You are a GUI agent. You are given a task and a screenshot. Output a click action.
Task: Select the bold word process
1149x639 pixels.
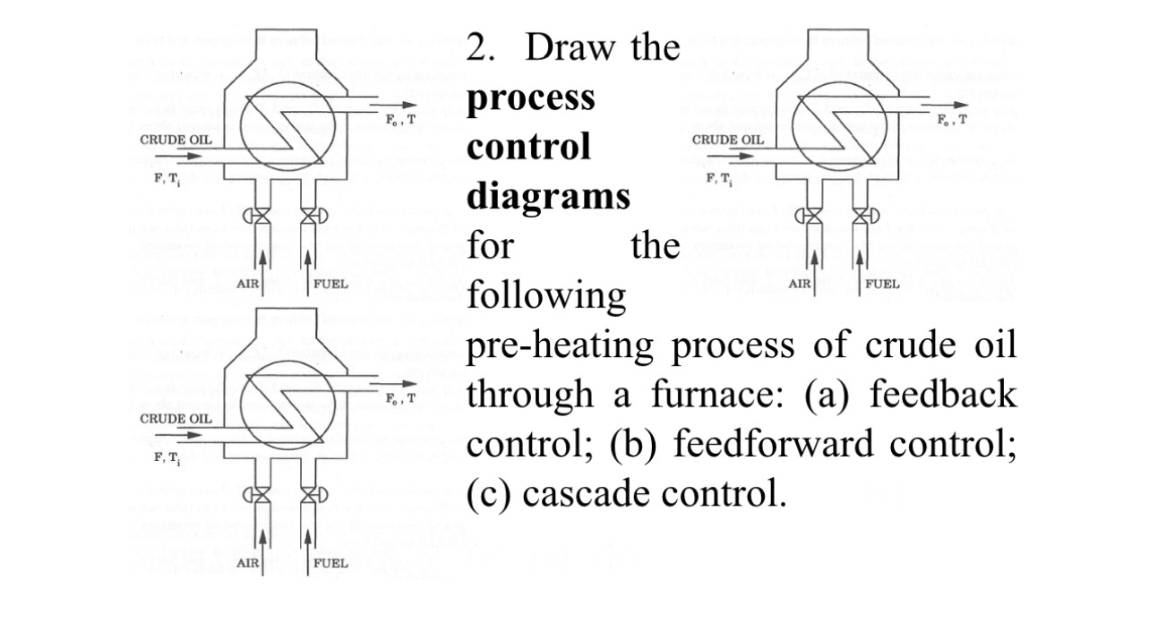530,97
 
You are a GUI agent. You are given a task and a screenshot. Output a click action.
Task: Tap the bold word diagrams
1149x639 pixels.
548,195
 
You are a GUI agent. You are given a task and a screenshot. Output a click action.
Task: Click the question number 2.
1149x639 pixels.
481,47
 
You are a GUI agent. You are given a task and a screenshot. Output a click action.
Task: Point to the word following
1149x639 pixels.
546,294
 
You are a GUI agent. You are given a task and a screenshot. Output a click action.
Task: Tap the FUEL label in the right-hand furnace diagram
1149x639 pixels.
882,284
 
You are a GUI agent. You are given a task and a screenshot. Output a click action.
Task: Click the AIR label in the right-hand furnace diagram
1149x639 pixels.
800,284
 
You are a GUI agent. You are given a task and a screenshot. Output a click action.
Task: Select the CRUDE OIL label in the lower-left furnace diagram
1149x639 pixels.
176,419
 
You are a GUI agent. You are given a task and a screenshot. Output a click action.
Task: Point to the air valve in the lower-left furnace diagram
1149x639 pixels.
262,495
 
